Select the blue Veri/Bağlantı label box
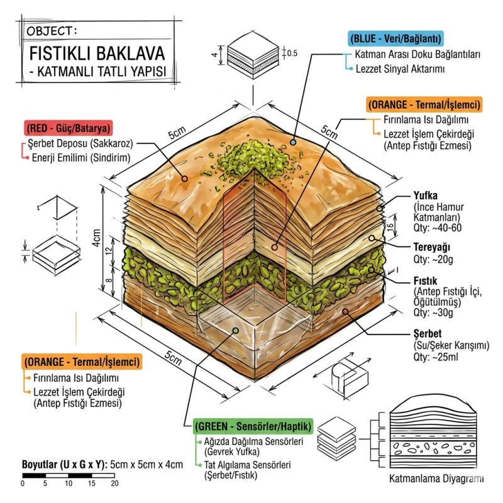[x=396, y=38]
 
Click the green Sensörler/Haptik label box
[x=253, y=426]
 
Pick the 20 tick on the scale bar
[x=114, y=484]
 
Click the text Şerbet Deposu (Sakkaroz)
[x=82, y=143]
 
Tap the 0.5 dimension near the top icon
[x=292, y=53]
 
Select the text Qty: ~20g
[x=431, y=258]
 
